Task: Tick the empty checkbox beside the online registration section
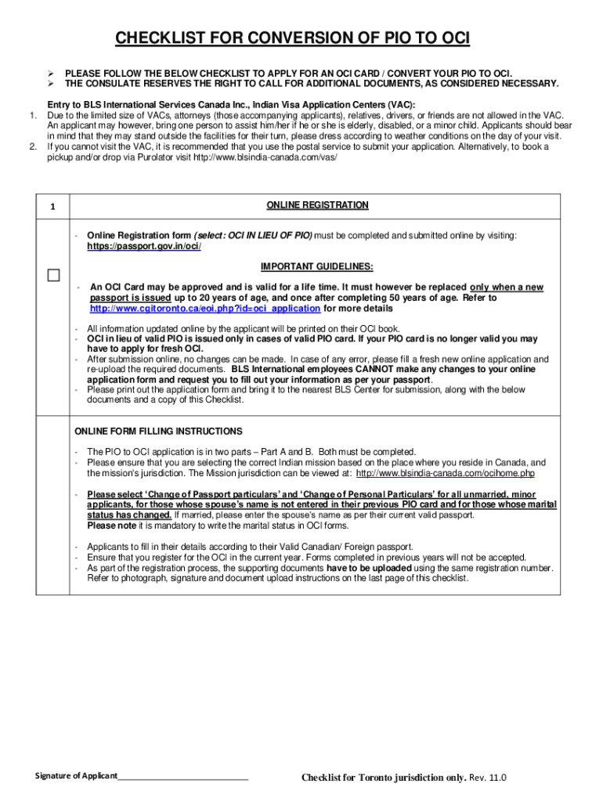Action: (52, 276)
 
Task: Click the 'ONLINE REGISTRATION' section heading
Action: (317, 206)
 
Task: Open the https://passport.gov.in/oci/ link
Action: (143, 247)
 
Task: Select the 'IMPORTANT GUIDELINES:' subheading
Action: (317, 266)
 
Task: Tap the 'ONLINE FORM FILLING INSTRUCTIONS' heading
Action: (158, 432)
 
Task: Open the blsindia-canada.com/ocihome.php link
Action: (445, 473)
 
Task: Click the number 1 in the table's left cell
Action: (52, 207)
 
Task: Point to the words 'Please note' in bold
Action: (108, 526)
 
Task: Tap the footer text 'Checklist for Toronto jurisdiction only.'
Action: (385, 778)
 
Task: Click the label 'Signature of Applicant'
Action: (75, 776)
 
